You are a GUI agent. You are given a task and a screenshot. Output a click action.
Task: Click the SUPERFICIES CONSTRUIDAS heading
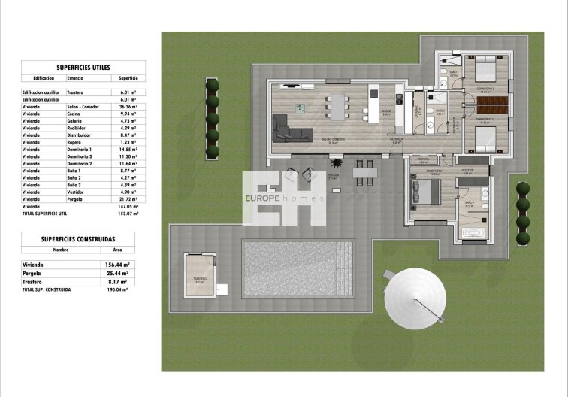pyautogui.click(x=78, y=238)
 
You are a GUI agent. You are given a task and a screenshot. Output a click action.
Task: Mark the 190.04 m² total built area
pyautogui.click(x=116, y=289)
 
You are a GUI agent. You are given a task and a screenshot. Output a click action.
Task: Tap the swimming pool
pyautogui.click(x=298, y=268)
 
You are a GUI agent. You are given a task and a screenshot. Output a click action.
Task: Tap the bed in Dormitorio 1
pyautogui.click(x=418, y=192)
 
